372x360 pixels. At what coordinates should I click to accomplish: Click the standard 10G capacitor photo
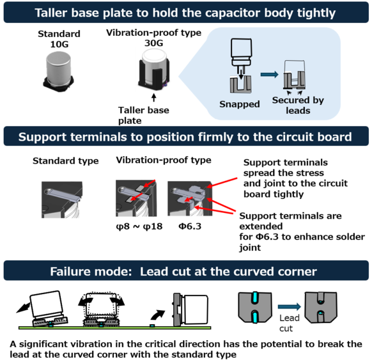(x=59, y=72)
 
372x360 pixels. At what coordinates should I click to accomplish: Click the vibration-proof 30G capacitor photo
(x=154, y=70)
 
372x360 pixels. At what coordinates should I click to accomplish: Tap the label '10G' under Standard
(x=59, y=44)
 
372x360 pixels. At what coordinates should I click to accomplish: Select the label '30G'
(x=154, y=43)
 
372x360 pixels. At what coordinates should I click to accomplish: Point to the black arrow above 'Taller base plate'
(x=154, y=98)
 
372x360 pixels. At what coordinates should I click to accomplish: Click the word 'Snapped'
(x=240, y=104)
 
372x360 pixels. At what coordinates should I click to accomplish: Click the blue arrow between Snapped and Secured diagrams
(x=269, y=74)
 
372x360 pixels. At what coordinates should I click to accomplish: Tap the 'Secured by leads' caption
(x=298, y=105)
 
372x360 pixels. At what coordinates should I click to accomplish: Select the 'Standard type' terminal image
(x=62, y=200)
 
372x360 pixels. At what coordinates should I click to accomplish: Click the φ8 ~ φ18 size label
(x=139, y=226)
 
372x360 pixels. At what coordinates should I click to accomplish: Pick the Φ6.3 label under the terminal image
(x=190, y=226)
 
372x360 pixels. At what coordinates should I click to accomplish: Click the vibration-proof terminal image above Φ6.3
(x=190, y=198)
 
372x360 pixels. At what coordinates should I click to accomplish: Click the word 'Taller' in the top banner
(x=52, y=13)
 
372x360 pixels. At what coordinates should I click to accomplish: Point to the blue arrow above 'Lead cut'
(x=289, y=306)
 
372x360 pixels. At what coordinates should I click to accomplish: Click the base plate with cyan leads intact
(x=255, y=308)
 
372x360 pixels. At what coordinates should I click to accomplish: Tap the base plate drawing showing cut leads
(x=321, y=308)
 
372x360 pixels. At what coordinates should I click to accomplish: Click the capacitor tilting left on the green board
(x=48, y=308)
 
